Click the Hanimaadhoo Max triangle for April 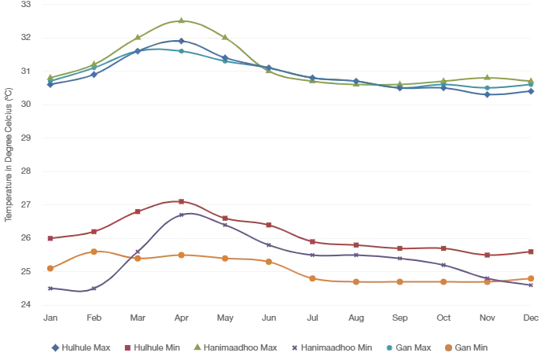point(182,20)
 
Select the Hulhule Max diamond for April point(182,41)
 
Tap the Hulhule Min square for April point(182,201)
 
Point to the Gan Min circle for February point(94,252)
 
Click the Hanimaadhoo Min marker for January point(50,288)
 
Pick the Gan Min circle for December point(531,278)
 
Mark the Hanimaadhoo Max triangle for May point(226,37)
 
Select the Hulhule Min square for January point(50,238)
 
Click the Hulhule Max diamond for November point(488,94)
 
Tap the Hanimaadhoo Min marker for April point(182,215)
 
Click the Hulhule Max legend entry point(81,347)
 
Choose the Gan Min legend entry point(466,347)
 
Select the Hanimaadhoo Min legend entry point(332,347)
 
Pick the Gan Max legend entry point(409,347)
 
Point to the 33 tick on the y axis point(26,4)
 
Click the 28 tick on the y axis point(26,171)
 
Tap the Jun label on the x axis point(269,318)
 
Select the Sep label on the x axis point(400,318)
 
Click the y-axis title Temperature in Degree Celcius point(9,155)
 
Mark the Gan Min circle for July point(313,278)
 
